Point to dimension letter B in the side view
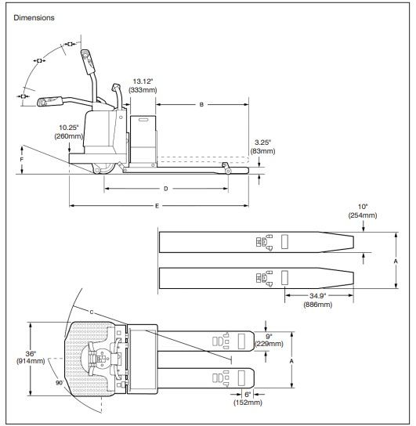tap(201, 104)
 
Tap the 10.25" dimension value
tap(69, 127)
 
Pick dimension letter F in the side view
tap(21, 159)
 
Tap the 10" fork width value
tap(363, 207)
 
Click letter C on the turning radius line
tap(92, 312)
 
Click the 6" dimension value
tap(246, 394)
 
